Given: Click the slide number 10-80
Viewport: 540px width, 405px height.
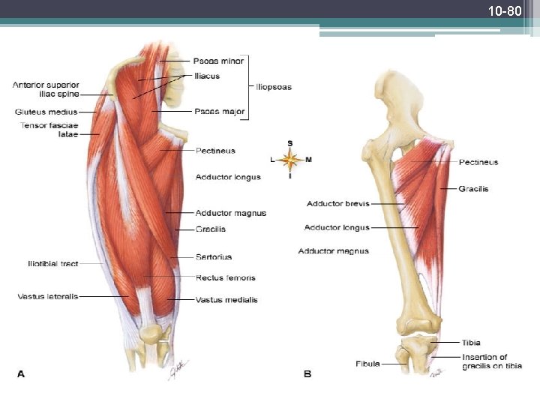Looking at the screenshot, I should coord(504,11).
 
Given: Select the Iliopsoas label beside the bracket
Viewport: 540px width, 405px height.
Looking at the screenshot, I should coord(274,87).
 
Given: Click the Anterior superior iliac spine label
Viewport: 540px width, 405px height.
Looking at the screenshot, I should coord(46,89).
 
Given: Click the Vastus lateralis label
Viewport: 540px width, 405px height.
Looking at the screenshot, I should coord(47,297).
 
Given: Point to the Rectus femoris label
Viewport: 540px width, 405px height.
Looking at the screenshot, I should coord(226,277).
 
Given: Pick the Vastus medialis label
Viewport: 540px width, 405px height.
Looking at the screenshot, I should coord(226,300).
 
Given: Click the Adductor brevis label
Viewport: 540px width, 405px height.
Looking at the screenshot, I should coord(337,203).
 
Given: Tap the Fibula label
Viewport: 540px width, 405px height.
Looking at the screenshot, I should coord(367,364).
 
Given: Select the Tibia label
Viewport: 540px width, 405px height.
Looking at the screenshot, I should coord(471,343).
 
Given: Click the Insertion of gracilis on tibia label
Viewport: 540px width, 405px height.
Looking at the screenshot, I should coord(484,361).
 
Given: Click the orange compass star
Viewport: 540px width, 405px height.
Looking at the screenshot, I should coord(290,159).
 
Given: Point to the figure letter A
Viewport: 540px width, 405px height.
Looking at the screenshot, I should coord(21,373).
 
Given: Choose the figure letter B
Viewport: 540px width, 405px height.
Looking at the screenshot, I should coord(307,373).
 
